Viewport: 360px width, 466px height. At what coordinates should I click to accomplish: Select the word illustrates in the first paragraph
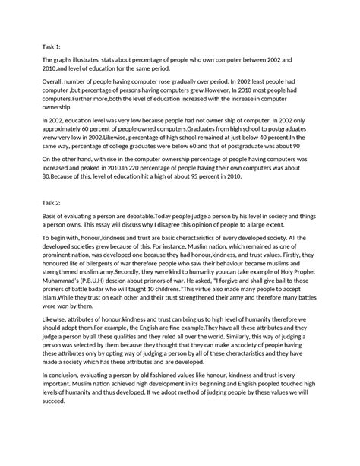[x=89, y=59]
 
